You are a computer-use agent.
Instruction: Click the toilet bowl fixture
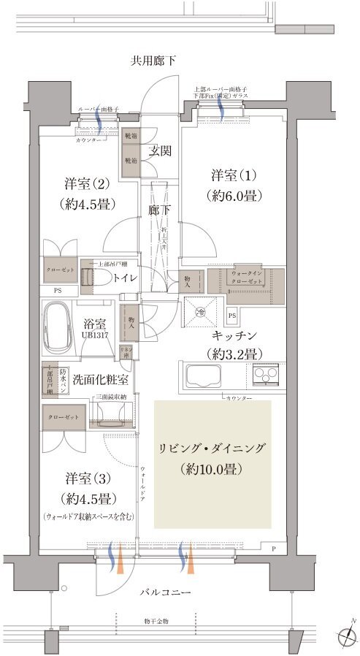(95, 278)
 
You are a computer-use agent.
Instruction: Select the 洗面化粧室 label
(100, 380)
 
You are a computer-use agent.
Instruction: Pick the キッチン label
(233, 335)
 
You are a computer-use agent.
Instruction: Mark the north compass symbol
(346, 633)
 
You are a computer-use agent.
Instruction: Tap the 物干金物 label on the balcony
(156, 620)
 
